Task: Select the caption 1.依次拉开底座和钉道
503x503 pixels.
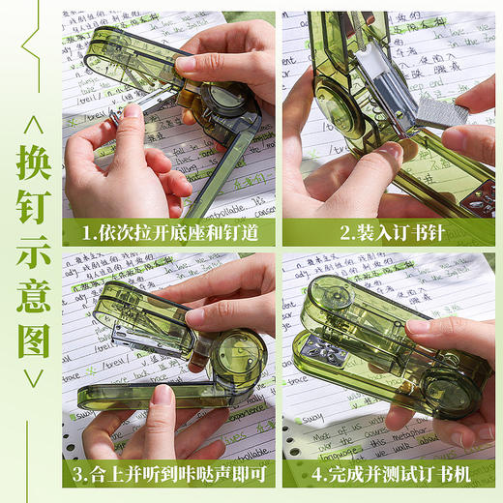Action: tap(168, 233)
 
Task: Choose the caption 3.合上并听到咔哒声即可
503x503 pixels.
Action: tap(168, 474)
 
